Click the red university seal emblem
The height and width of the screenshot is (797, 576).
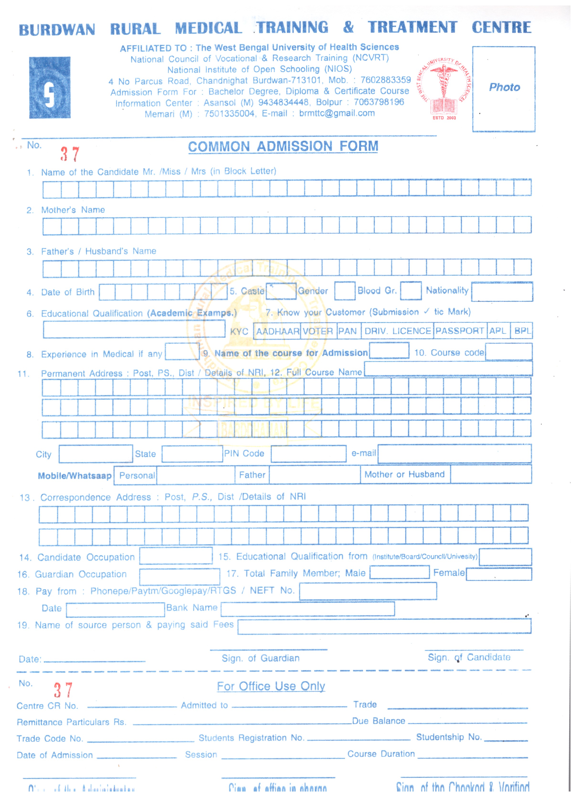coord(444,88)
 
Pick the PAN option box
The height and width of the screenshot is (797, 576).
coord(348,331)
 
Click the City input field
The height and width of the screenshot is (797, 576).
coord(96,454)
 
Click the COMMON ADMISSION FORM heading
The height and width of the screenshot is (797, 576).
coord(283,146)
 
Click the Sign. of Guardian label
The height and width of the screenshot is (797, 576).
coord(260,658)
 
